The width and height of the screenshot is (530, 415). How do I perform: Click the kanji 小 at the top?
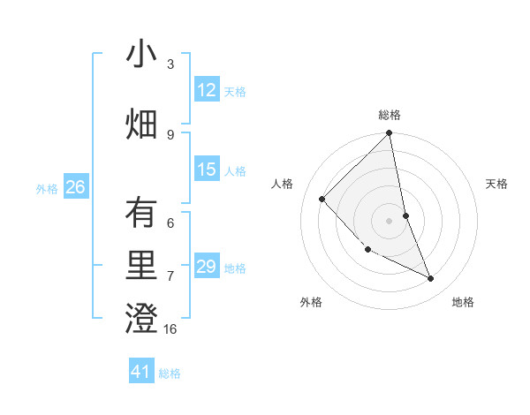(142, 55)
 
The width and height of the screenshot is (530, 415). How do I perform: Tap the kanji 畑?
(142, 124)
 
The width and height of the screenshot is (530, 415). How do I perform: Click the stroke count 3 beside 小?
(170, 64)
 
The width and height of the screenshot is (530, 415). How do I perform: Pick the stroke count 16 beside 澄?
(171, 329)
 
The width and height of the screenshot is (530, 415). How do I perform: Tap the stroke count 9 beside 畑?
(170, 134)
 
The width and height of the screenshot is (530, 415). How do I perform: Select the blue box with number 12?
(207, 90)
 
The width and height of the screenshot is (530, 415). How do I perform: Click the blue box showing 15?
(207, 170)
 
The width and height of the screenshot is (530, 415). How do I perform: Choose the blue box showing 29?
(207, 267)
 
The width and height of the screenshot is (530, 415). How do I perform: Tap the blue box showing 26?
(75, 187)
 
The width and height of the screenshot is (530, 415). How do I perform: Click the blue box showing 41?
(141, 372)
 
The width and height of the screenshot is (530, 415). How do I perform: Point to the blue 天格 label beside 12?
(235, 92)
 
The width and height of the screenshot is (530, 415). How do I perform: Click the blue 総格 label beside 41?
(170, 373)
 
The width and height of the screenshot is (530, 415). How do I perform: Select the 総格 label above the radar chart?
(390, 115)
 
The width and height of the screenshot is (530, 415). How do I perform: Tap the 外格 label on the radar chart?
(311, 302)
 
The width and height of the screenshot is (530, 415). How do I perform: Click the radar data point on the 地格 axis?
(431, 279)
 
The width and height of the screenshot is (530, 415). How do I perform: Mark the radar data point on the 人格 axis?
(322, 199)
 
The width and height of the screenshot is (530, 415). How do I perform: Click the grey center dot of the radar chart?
(389, 220)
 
